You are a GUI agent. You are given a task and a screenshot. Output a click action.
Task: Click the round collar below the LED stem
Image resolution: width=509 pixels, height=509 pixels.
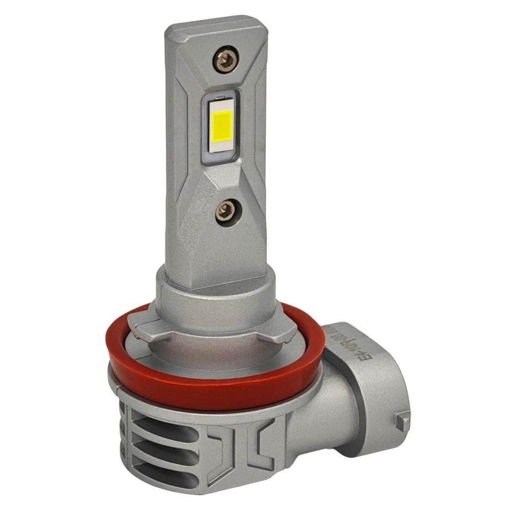tap(214, 298)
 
